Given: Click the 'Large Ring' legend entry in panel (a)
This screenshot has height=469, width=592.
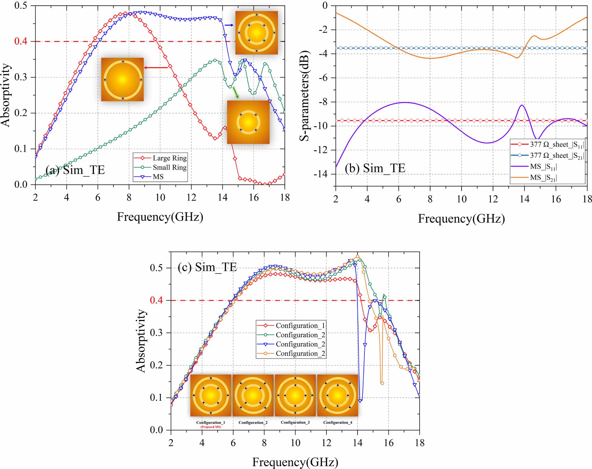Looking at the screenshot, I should (x=169, y=158).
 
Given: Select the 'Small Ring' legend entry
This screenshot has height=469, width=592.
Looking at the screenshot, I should (x=169, y=167).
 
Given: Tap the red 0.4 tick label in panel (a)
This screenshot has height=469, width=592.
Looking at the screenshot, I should (x=21, y=41).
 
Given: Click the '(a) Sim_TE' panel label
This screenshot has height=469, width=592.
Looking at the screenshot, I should (x=75, y=170).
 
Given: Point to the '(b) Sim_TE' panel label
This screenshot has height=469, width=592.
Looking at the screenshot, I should (x=375, y=168).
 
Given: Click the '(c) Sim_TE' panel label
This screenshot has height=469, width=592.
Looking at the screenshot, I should (x=207, y=267).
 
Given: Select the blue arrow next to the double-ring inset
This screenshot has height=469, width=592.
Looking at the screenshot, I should (x=229, y=25).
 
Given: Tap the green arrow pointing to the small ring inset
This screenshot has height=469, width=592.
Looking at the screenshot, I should (x=235, y=92).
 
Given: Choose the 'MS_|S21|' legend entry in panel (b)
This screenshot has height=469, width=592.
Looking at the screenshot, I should (x=543, y=178).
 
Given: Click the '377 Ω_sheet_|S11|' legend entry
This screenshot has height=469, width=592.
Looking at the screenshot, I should (x=556, y=145).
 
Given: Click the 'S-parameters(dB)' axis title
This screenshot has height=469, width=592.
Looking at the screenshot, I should (x=304, y=96).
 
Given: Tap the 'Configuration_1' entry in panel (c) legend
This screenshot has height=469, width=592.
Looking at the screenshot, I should (x=300, y=326).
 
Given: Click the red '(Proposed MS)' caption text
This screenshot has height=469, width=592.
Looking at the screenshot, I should (x=210, y=427).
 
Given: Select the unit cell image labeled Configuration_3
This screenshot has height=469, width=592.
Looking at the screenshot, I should (x=295, y=395).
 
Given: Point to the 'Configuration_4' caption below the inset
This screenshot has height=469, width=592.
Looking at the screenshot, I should (x=337, y=422).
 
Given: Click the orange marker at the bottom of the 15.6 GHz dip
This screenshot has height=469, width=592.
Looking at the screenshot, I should (x=382, y=383).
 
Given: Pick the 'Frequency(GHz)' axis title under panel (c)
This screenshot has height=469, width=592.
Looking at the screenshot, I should (x=295, y=462).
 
